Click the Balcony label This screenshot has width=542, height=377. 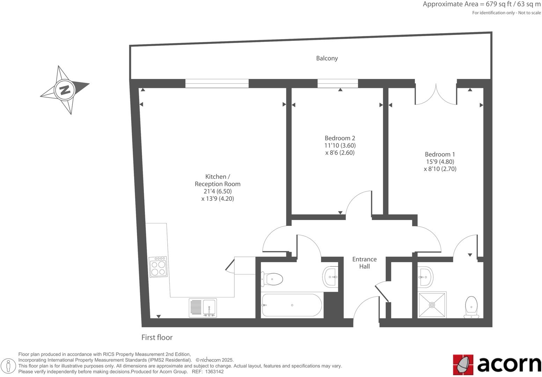tap(327, 58)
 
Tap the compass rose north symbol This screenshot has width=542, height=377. tap(65, 90)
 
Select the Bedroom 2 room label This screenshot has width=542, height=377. tap(340, 138)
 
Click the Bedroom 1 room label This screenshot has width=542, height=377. tap(440, 154)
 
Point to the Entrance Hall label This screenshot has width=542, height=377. tap(364, 263)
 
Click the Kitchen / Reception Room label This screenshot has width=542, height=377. tap(217, 180)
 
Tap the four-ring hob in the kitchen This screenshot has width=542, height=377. tap(158, 267)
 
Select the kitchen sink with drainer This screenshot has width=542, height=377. tap(203, 308)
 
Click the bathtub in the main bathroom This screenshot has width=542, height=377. tap(292, 305)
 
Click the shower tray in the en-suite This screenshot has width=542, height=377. tap(432, 305)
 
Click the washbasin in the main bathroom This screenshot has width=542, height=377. tap(330, 277)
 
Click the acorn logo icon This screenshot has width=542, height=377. tap(463, 365)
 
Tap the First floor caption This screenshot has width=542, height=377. tap(157, 338)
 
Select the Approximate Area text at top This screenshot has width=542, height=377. tap(482, 4)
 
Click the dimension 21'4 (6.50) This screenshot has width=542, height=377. tap(218, 191)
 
